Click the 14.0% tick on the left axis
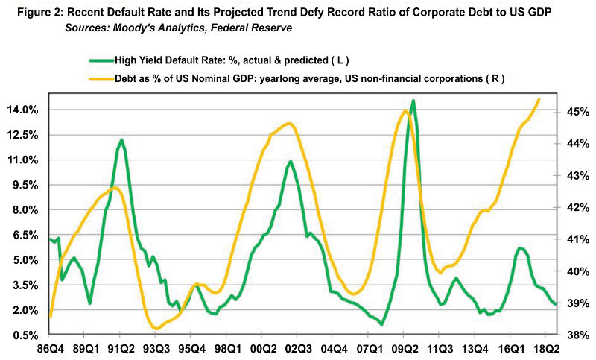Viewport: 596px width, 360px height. tap(22, 110)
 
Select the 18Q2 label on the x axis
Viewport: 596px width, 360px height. tap(547, 348)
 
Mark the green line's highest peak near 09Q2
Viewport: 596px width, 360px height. tap(413, 101)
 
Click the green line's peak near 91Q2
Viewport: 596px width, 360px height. tap(121, 139)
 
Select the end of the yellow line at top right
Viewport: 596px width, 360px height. tap(539, 99)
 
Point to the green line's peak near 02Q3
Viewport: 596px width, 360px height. tap(290, 161)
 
